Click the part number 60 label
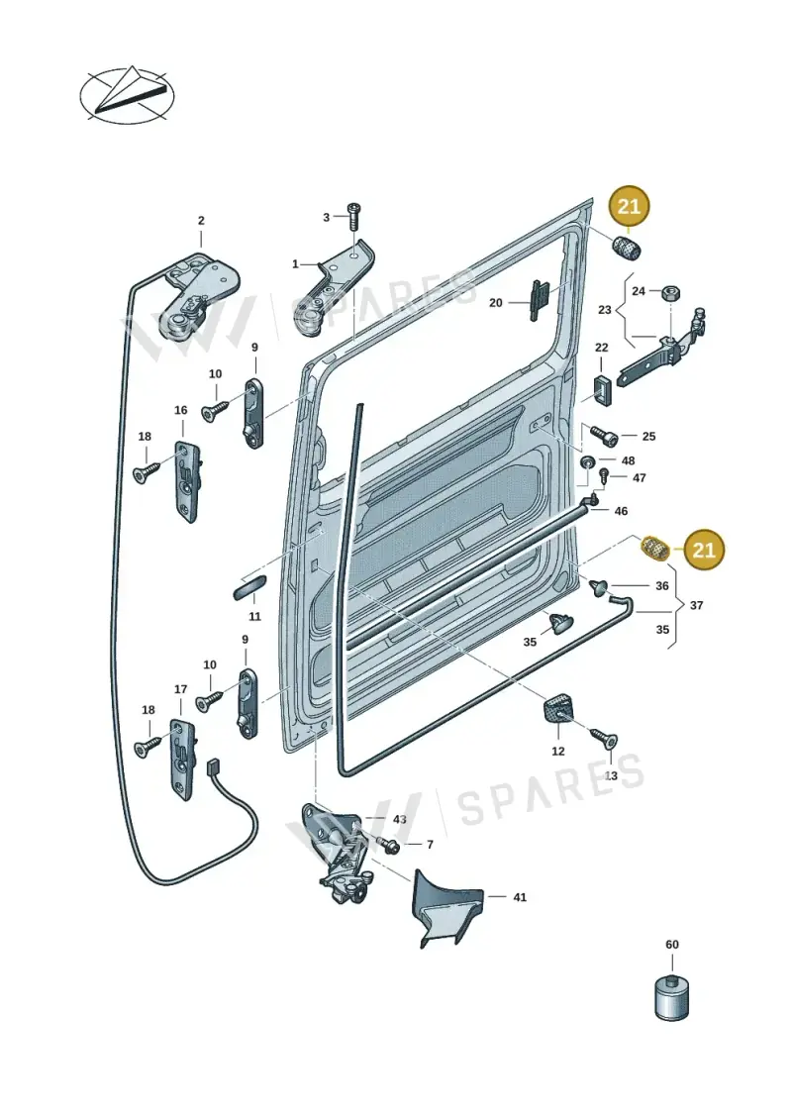[x=672, y=945]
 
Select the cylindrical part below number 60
[x=671, y=995]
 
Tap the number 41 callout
[x=520, y=897]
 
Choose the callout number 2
[x=201, y=221]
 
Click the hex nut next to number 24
[x=670, y=291]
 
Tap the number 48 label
[x=629, y=460]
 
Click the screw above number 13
[x=604, y=738]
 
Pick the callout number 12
[x=558, y=751]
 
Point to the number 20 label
[x=496, y=303]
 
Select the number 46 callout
[x=622, y=511]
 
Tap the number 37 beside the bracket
[x=696, y=605]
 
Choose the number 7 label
[x=430, y=845]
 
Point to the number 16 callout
[x=181, y=410]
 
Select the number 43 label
[x=399, y=819]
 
